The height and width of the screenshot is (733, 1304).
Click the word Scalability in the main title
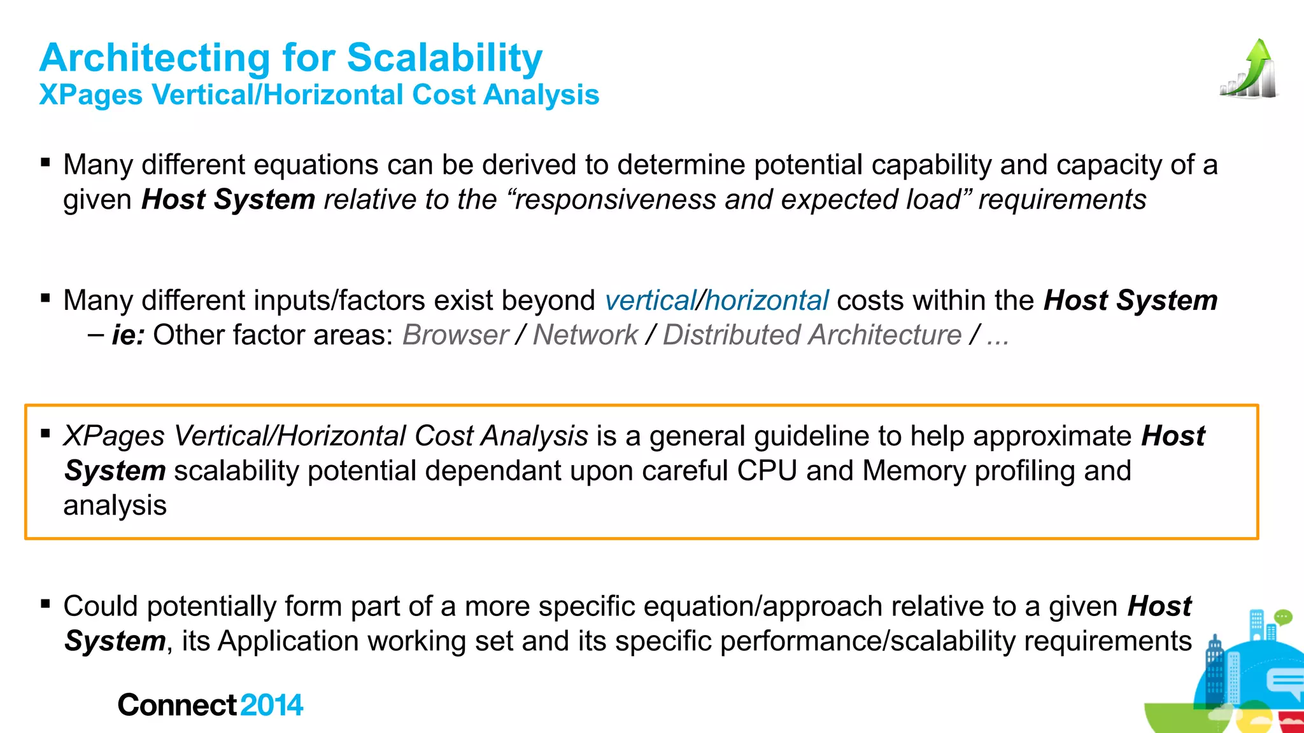pyautogui.click(x=444, y=58)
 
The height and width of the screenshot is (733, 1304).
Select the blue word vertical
pyautogui.click(x=650, y=300)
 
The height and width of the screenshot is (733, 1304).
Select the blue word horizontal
pyautogui.click(x=767, y=300)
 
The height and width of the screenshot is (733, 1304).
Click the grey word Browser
pyautogui.click(x=455, y=335)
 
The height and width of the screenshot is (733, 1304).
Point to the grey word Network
pyautogui.click(x=585, y=335)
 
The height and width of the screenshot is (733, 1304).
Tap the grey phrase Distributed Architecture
pyautogui.click(x=812, y=335)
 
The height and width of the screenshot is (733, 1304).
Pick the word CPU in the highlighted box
pyautogui.click(x=767, y=471)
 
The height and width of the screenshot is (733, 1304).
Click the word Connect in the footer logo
pyautogui.click(x=177, y=705)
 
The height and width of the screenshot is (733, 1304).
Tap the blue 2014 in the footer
pyautogui.click(x=272, y=705)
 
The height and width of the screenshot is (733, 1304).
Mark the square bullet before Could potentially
pyautogui.click(x=45, y=603)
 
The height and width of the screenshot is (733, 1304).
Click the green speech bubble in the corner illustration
pyautogui.click(x=1283, y=617)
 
